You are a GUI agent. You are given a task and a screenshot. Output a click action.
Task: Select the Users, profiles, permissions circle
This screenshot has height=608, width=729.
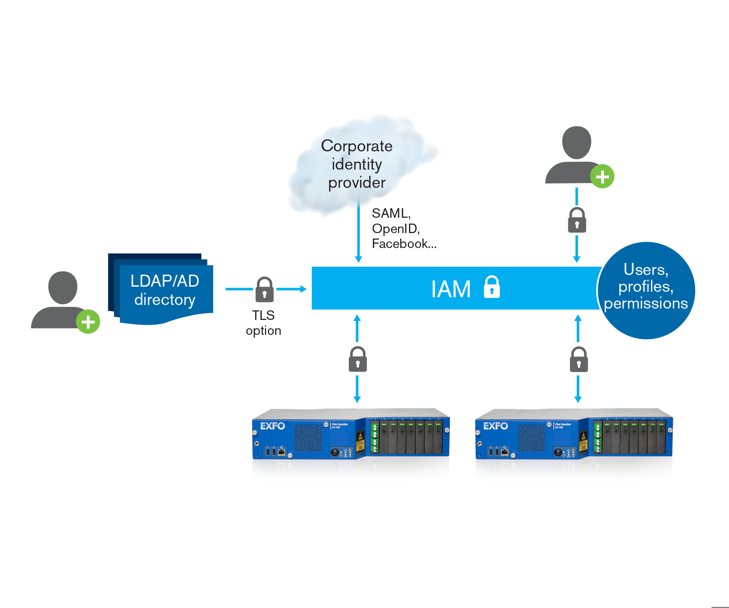pos(646,290)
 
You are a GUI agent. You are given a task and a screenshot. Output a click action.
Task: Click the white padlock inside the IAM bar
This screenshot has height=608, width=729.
pos(492,287)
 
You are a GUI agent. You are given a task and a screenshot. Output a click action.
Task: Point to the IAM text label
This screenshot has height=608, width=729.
pos(451,289)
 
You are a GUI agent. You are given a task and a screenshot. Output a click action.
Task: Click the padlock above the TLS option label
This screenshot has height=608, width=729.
pos(265,290)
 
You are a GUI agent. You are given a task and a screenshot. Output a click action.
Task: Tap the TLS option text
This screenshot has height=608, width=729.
pos(264,323)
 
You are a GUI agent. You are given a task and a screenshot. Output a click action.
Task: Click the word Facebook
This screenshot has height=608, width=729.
pos(400,244)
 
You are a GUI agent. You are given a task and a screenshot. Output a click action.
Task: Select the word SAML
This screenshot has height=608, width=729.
pos(390,213)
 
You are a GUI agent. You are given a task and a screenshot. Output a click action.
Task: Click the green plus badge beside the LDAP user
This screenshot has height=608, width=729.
pos(88,322)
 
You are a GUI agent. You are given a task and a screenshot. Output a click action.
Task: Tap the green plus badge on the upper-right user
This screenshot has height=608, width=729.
pos(602,177)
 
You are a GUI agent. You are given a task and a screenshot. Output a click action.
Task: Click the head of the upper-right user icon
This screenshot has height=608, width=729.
pos(576,143)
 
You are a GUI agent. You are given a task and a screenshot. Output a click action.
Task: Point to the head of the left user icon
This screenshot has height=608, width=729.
pos(63,287)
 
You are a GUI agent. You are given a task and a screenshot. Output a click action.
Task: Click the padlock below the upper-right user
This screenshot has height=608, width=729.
pos(577,220)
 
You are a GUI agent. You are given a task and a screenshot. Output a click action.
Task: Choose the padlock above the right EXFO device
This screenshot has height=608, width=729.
pos(579,360)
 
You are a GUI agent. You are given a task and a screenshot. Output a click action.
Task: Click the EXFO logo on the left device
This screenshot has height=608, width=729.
pos(272,426)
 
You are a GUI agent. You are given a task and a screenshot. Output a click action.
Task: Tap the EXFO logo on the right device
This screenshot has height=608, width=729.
pos(495,426)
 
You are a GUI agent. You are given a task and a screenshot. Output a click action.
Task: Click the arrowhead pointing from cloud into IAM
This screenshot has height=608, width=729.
pos(358,259)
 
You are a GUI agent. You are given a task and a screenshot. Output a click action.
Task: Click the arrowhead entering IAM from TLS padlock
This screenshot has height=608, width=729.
pos(303,289)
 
